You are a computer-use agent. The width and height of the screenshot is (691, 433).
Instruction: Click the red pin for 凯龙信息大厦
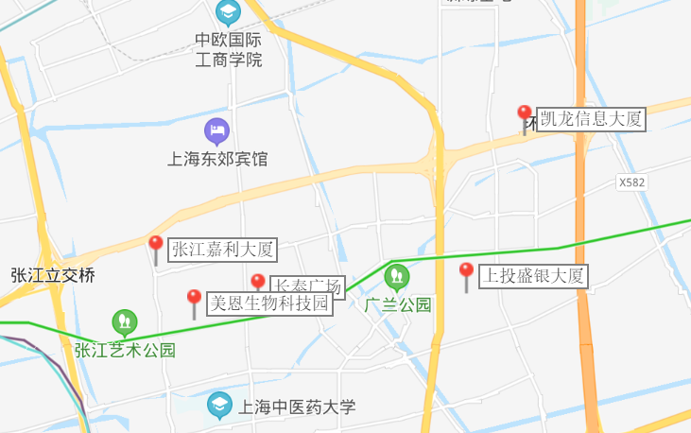click(x=525, y=115)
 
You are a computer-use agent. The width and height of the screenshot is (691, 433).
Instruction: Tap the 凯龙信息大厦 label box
click(x=591, y=119)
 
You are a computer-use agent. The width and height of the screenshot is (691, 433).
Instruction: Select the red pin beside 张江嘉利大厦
click(x=156, y=246)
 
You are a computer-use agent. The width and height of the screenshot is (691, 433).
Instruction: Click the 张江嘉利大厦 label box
click(x=223, y=250)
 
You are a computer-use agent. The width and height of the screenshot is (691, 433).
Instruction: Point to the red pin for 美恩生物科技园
click(x=194, y=300)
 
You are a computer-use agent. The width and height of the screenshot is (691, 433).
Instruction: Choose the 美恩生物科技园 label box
click(x=269, y=303)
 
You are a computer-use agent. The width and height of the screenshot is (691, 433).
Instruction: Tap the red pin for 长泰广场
click(x=257, y=283)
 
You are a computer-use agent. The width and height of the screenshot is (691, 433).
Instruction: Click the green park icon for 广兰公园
click(x=397, y=277)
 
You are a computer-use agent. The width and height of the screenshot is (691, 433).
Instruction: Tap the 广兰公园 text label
click(x=398, y=304)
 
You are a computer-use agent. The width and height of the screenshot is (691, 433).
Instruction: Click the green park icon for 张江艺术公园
click(x=124, y=322)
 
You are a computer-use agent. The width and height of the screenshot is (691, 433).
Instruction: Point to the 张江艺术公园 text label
click(x=125, y=350)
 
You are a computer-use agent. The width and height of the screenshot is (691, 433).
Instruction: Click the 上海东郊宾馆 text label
click(x=217, y=159)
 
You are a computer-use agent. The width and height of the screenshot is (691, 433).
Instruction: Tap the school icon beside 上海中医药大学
click(x=219, y=406)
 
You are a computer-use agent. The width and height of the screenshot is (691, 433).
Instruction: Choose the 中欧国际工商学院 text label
click(x=228, y=50)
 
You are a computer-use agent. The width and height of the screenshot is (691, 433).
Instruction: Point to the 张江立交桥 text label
click(x=53, y=276)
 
